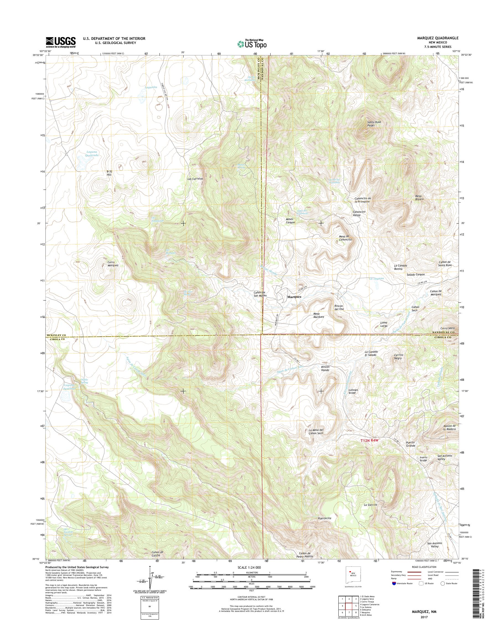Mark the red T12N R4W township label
click(369, 441)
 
